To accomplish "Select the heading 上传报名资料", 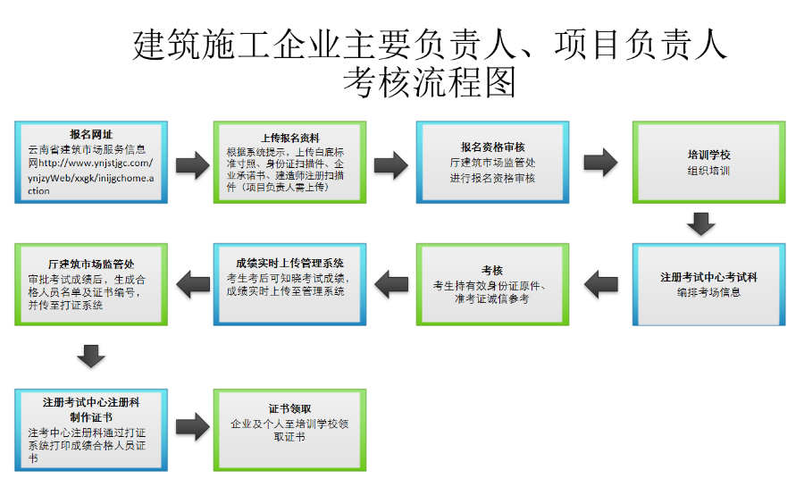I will coord(289,138).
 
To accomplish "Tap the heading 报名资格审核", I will coord(492,147).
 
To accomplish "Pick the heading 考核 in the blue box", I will coord(492,270).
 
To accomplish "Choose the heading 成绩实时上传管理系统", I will coord(289,263).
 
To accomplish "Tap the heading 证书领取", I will coord(289,408).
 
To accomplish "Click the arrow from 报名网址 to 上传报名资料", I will coord(190,164).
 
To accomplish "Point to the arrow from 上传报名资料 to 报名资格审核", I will coord(390,164).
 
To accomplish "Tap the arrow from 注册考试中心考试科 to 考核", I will coord(601,284).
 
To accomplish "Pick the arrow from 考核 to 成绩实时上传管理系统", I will coord(390,284).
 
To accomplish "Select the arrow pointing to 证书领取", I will coord(190,427).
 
